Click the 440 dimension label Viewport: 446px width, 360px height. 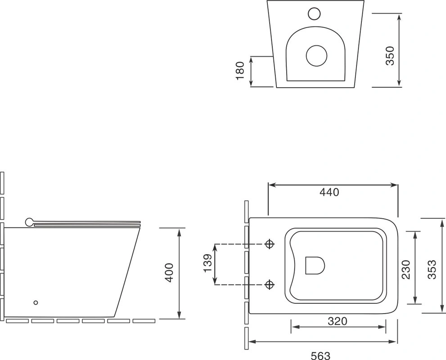coord(329,192)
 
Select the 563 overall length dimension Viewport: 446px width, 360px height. coord(320,355)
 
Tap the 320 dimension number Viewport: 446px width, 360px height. coord(338,321)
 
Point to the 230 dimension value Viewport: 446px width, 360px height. coord(405,269)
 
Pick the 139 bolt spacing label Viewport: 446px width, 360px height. coord(208,263)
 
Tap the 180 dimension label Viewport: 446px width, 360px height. coord(240,71)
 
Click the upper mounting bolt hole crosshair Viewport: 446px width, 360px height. coord(270,244)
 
